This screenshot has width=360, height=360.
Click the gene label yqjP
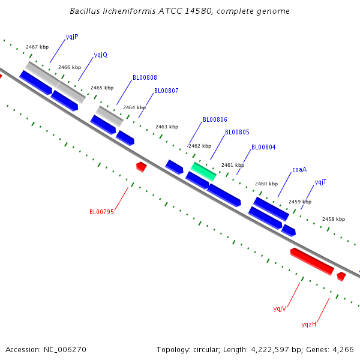click(x=72, y=37)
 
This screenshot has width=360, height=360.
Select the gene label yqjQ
click(x=101, y=55)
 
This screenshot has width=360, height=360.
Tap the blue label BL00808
click(x=145, y=77)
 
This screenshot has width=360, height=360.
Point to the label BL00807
click(x=166, y=91)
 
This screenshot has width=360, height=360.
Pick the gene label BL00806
click(x=215, y=119)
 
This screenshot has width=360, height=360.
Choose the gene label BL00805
click(x=237, y=132)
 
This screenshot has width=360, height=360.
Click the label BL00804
click(x=263, y=147)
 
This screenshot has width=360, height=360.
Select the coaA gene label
click(x=299, y=169)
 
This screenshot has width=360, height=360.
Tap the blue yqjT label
click(x=320, y=182)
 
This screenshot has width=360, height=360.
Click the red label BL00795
click(x=102, y=212)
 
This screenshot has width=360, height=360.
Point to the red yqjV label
click(x=280, y=309)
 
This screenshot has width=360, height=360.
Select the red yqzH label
click(x=309, y=324)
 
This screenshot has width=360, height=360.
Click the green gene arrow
click(x=203, y=172)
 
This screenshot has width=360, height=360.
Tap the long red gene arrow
click(x=312, y=261)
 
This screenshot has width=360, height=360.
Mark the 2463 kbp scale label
click(x=167, y=127)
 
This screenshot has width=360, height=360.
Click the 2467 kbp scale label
click(x=37, y=47)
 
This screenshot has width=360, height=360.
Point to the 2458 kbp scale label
click(x=334, y=219)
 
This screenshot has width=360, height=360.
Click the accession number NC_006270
click(x=65, y=350)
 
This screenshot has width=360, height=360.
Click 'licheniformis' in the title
click(x=129, y=11)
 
